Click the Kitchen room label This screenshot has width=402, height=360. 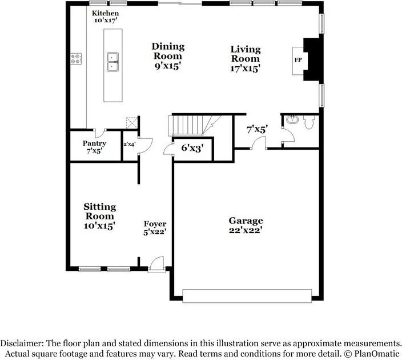pyautogui.click(x=106, y=16)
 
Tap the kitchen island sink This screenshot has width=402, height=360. pyautogui.click(x=112, y=61)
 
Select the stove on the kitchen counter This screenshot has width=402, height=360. pyautogui.click(x=75, y=58)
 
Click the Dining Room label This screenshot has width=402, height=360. pyautogui.click(x=167, y=56)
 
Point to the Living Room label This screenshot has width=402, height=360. pyautogui.click(x=246, y=59)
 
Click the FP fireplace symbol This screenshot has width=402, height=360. pyautogui.click(x=298, y=60)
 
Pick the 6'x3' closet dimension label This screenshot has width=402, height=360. pyautogui.click(x=192, y=148)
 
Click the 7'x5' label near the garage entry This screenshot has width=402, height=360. pyautogui.click(x=256, y=130)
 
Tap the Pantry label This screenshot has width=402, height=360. pyautogui.click(x=94, y=147)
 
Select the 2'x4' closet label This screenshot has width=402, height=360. pyautogui.click(x=129, y=145)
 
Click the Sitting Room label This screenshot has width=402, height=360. pyautogui.click(x=100, y=216)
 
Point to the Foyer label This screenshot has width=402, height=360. pyautogui.click(x=155, y=229)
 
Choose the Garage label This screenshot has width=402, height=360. pyautogui.click(x=246, y=225)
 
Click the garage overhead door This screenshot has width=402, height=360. pyautogui.click(x=247, y=295)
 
